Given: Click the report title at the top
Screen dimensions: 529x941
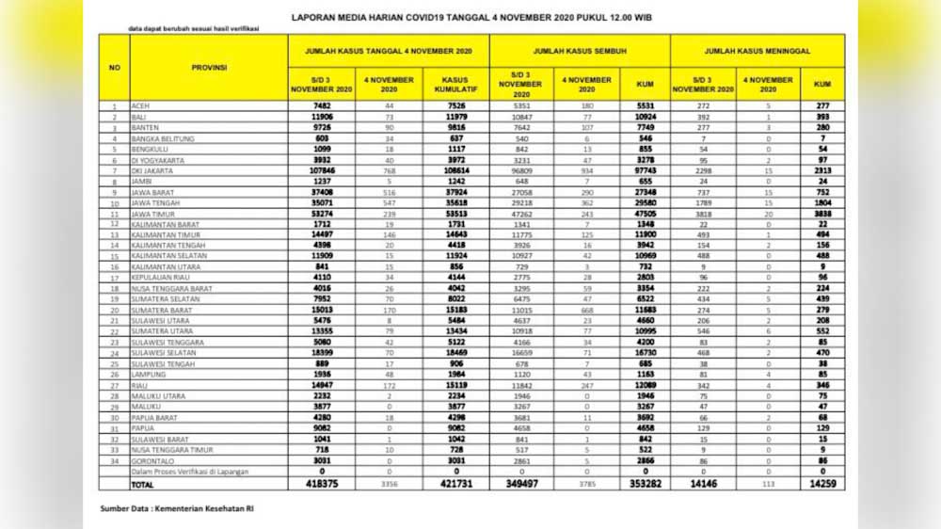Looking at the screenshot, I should [472, 16].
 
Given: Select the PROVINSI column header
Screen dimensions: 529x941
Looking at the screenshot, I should [208, 67].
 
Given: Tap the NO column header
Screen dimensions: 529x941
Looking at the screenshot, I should [114, 67].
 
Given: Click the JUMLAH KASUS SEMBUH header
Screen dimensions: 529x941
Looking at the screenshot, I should [579, 50].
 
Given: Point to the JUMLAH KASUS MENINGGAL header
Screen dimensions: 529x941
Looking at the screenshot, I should [758, 50].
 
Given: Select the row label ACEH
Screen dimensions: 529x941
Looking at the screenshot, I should [142, 107].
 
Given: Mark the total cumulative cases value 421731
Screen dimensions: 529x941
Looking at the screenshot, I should [455, 483].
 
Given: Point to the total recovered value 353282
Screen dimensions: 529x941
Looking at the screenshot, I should [644, 483].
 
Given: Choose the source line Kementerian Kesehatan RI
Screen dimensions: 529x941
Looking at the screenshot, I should [177, 509].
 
